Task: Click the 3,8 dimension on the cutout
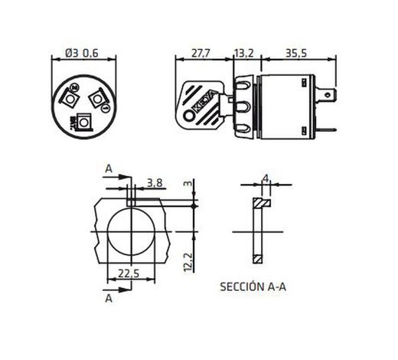(154, 182)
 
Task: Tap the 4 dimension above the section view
(265, 178)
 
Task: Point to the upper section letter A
(109, 169)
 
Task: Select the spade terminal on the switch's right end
(328, 97)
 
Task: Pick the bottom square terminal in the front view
(83, 121)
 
